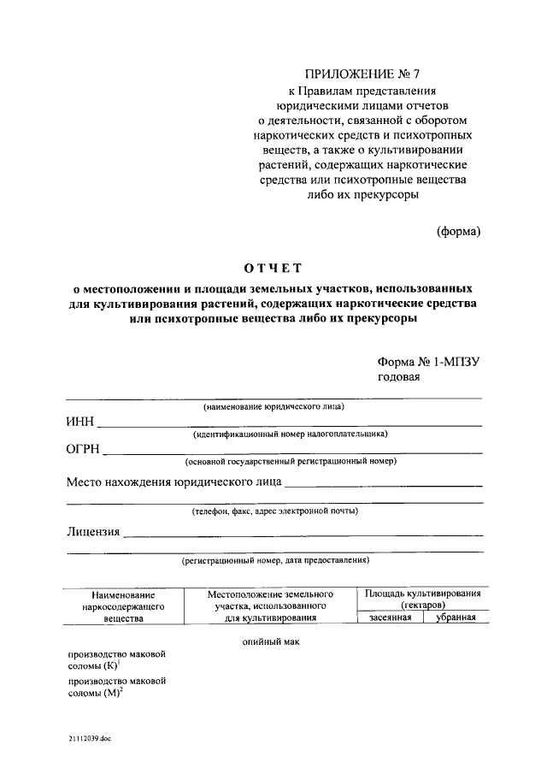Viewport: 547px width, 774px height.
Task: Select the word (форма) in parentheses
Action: (x=458, y=230)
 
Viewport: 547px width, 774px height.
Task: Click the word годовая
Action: (x=398, y=377)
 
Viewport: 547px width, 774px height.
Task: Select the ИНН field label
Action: (x=80, y=422)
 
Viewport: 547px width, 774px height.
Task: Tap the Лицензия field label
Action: (x=93, y=532)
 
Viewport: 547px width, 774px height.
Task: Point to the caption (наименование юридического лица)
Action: (x=273, y=407)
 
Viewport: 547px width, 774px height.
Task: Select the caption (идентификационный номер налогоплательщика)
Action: (x=290, y=434)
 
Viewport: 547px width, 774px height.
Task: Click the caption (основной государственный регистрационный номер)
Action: (x=291, y=462)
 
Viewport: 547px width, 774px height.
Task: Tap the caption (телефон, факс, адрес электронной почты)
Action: (x=274, y=511)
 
